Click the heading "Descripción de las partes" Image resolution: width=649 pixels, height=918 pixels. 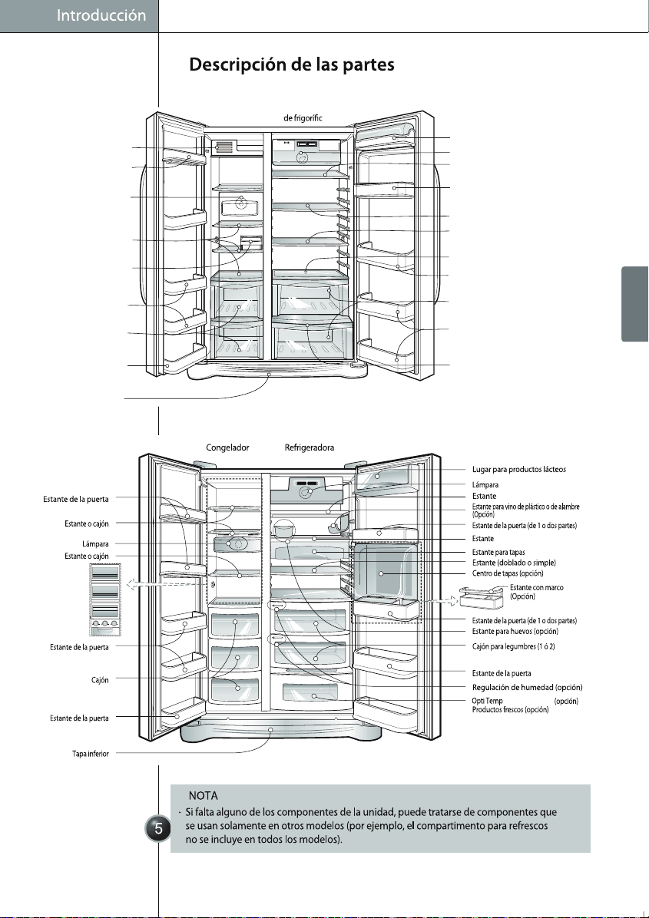291,64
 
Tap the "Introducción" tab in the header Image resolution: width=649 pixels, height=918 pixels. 101,16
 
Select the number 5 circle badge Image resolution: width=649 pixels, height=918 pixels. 158,828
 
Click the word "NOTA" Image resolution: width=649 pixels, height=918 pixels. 204,796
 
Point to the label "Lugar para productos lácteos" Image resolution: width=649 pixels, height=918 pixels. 519,470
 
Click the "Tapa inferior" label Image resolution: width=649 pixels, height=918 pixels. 90,754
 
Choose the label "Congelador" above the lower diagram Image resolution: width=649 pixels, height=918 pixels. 227,448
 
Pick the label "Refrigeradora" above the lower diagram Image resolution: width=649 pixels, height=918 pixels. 310,448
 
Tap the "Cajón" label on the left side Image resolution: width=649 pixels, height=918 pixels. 100,680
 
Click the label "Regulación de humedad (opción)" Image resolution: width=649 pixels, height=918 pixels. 527,687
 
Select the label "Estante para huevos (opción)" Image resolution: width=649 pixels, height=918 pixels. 515,631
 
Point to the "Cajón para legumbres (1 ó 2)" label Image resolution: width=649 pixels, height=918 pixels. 513,646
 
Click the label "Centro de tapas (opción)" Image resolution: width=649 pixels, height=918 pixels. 507,573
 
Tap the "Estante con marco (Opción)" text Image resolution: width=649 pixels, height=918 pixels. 537,592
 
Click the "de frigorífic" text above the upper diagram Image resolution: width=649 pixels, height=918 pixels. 303,118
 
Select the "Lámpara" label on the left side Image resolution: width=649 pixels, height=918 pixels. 95,544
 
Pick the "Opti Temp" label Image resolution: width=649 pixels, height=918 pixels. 488,701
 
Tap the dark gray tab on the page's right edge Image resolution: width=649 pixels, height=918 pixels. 635,304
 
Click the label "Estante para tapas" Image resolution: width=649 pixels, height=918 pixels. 498,552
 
